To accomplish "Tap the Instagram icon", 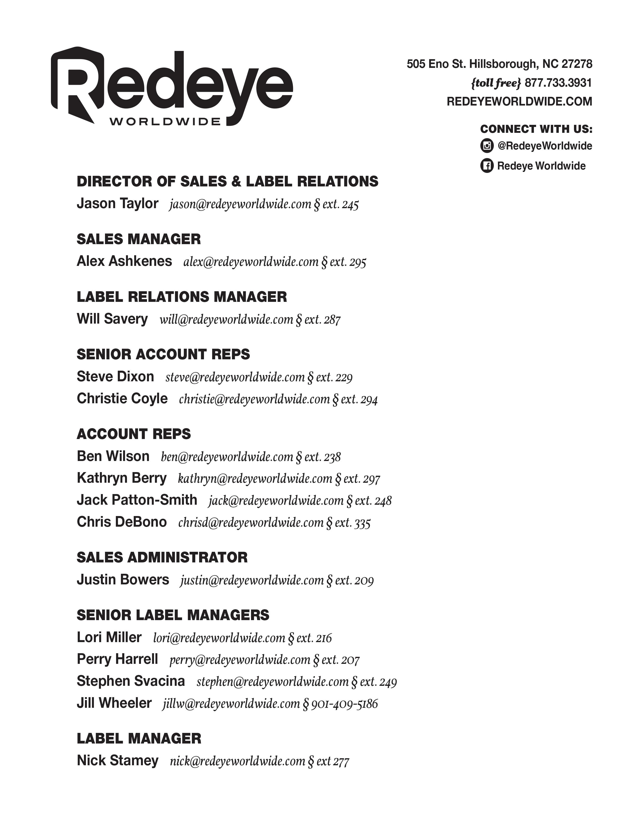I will tap(487, 146).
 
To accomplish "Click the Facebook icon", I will tap(487, 166).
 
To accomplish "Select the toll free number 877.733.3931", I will tap(558, 83).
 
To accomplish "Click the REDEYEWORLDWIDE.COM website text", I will tap(519, 101).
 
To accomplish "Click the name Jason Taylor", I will tap(118, 203).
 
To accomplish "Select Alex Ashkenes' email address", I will tap(251, 262).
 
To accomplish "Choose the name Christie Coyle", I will tap(122, 398).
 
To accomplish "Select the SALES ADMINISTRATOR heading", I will tap(162, 557).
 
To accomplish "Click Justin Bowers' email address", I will tap(252, 580).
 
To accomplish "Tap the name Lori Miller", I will tap(109, 637).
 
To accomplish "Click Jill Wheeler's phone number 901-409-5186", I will tap(344, 703).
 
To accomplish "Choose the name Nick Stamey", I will tap(118, 760).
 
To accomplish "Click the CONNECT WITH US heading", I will tap(536, 129).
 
